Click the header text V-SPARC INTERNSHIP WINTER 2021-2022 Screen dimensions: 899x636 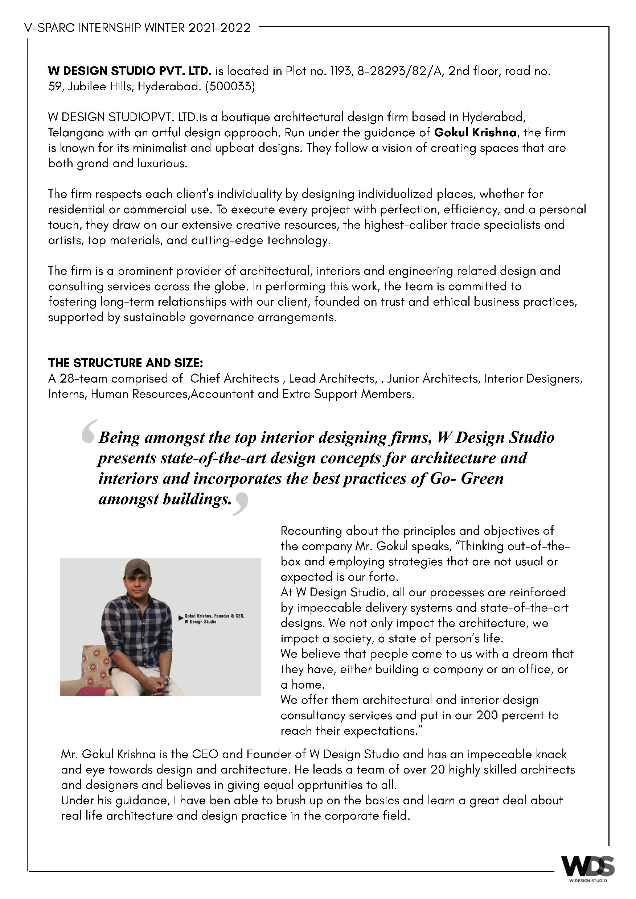click(137, 28)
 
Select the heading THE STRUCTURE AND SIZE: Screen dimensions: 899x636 click(125, 363)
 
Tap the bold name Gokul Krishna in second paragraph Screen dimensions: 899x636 click(475, 133)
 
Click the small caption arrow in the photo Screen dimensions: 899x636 click(181, 618)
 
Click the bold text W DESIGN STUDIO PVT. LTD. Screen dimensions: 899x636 click(130, 71)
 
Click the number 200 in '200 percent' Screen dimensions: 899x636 click(487, 716)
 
